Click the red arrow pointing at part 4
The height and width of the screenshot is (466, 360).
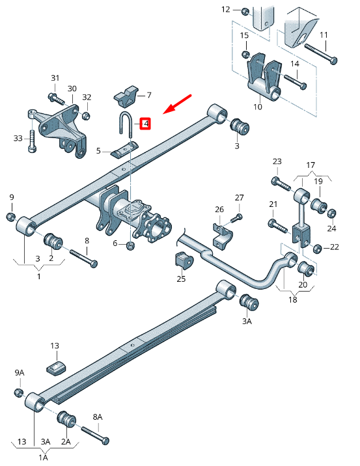tap(178, 103)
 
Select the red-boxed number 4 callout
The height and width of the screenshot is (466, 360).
tap(146, 123)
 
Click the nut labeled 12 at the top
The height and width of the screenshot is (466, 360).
tap(243, 11)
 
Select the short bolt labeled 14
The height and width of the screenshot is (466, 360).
tap(294, 83)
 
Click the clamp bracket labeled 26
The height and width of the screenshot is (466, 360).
tap(223, 235)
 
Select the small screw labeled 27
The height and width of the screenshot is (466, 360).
tap(239, 216)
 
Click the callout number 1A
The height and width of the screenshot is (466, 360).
tap(44, 458)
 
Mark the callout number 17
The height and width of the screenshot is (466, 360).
tap(311, 165)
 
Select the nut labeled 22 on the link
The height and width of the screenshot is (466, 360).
tap(318, 248)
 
